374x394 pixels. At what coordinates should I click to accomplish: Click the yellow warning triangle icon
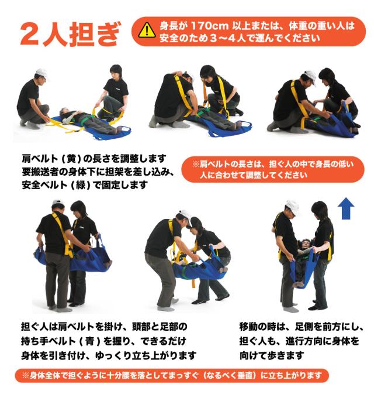point(147,30)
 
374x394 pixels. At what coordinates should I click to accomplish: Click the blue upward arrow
point(346,208)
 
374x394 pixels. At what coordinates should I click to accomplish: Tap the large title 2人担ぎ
point(71,34)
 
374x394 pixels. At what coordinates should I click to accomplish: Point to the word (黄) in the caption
point(71,159)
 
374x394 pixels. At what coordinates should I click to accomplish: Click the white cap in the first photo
point(41,73)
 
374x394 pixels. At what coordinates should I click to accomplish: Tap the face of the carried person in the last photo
point(306,244)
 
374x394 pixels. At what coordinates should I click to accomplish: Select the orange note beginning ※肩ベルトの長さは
point(273,169)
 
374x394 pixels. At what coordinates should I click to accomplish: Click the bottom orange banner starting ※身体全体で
point(172,376)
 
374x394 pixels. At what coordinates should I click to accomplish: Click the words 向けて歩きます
point(272,355)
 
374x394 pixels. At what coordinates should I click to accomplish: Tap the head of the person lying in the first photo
point(64,112)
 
